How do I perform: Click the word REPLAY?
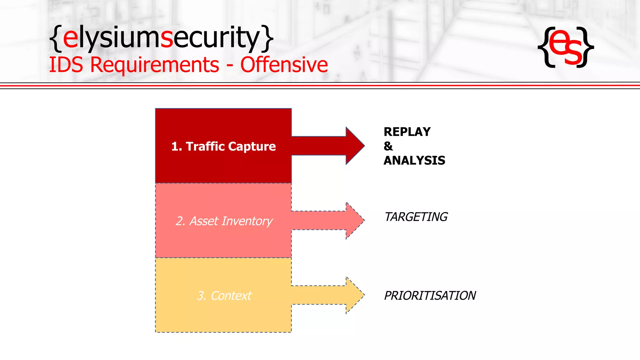407,132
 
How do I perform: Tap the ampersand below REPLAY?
388,146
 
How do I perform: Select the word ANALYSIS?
414,161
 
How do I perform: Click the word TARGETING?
416,217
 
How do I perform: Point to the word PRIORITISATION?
430,296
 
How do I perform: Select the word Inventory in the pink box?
247,221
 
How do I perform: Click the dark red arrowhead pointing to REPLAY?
355,146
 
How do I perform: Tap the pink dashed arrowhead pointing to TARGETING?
355,220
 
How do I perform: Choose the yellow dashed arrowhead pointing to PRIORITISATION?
355,295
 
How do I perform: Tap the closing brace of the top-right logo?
586,47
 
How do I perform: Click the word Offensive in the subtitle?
284,65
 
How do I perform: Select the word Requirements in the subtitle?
155,65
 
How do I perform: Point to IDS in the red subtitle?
66,65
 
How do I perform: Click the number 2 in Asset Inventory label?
180,221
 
